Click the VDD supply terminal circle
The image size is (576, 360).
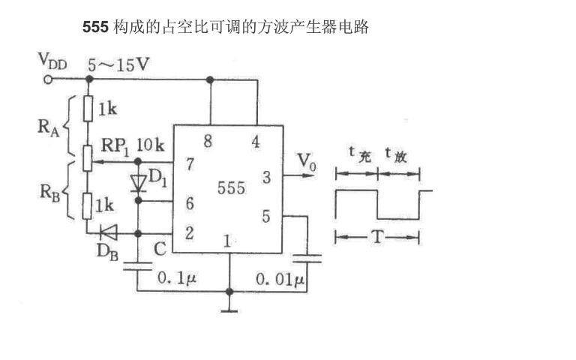(x=48, y=79)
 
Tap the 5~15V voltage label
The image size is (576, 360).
(x=118, y=65)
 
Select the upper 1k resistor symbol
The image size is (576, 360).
(x=88, y=109)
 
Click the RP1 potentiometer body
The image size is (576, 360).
(x=88, y=158)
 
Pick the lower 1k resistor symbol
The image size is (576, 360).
(x=87, y=206)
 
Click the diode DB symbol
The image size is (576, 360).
(x=109, y=232)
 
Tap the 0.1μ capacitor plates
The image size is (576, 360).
(x=137, y=266)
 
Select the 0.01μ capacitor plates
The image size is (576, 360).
(x=307, y=259)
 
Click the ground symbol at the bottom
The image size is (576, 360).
(x=229, y=311)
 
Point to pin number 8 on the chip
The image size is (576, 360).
(x=208, y=141)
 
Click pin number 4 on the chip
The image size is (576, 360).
(x=256, y=142)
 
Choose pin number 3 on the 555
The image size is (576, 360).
(x=267, y=178)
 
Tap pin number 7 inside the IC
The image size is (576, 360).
(x=190, y=164)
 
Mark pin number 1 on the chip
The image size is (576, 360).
(x=227, y=241)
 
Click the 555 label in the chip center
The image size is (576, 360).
(x=232, y=188)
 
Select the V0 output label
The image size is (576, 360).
(x=306, y=162)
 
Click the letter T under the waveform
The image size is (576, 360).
(x=378, y=237)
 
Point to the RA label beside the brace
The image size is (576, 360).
(x=49, y=127)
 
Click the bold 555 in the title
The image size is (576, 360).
(x=95, y=27)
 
